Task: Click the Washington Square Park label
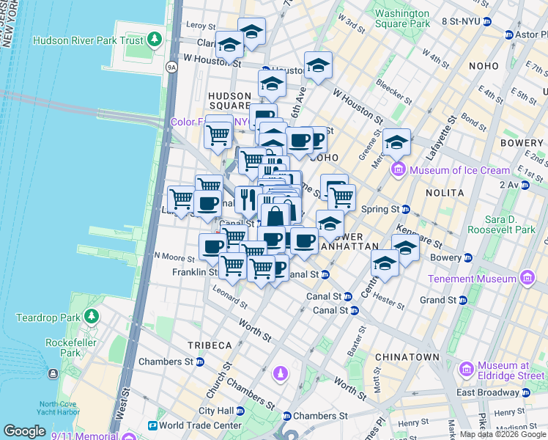[x=401, y=18]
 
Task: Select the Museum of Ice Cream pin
[x=399, y=170]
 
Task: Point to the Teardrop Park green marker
[x=91, y=317]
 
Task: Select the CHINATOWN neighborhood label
[x=407, y=357]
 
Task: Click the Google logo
[x=25, y=430]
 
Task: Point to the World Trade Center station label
[x=196, y=425]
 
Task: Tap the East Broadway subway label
[x=491, y=392]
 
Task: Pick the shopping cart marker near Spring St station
[x=341, y=196]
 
